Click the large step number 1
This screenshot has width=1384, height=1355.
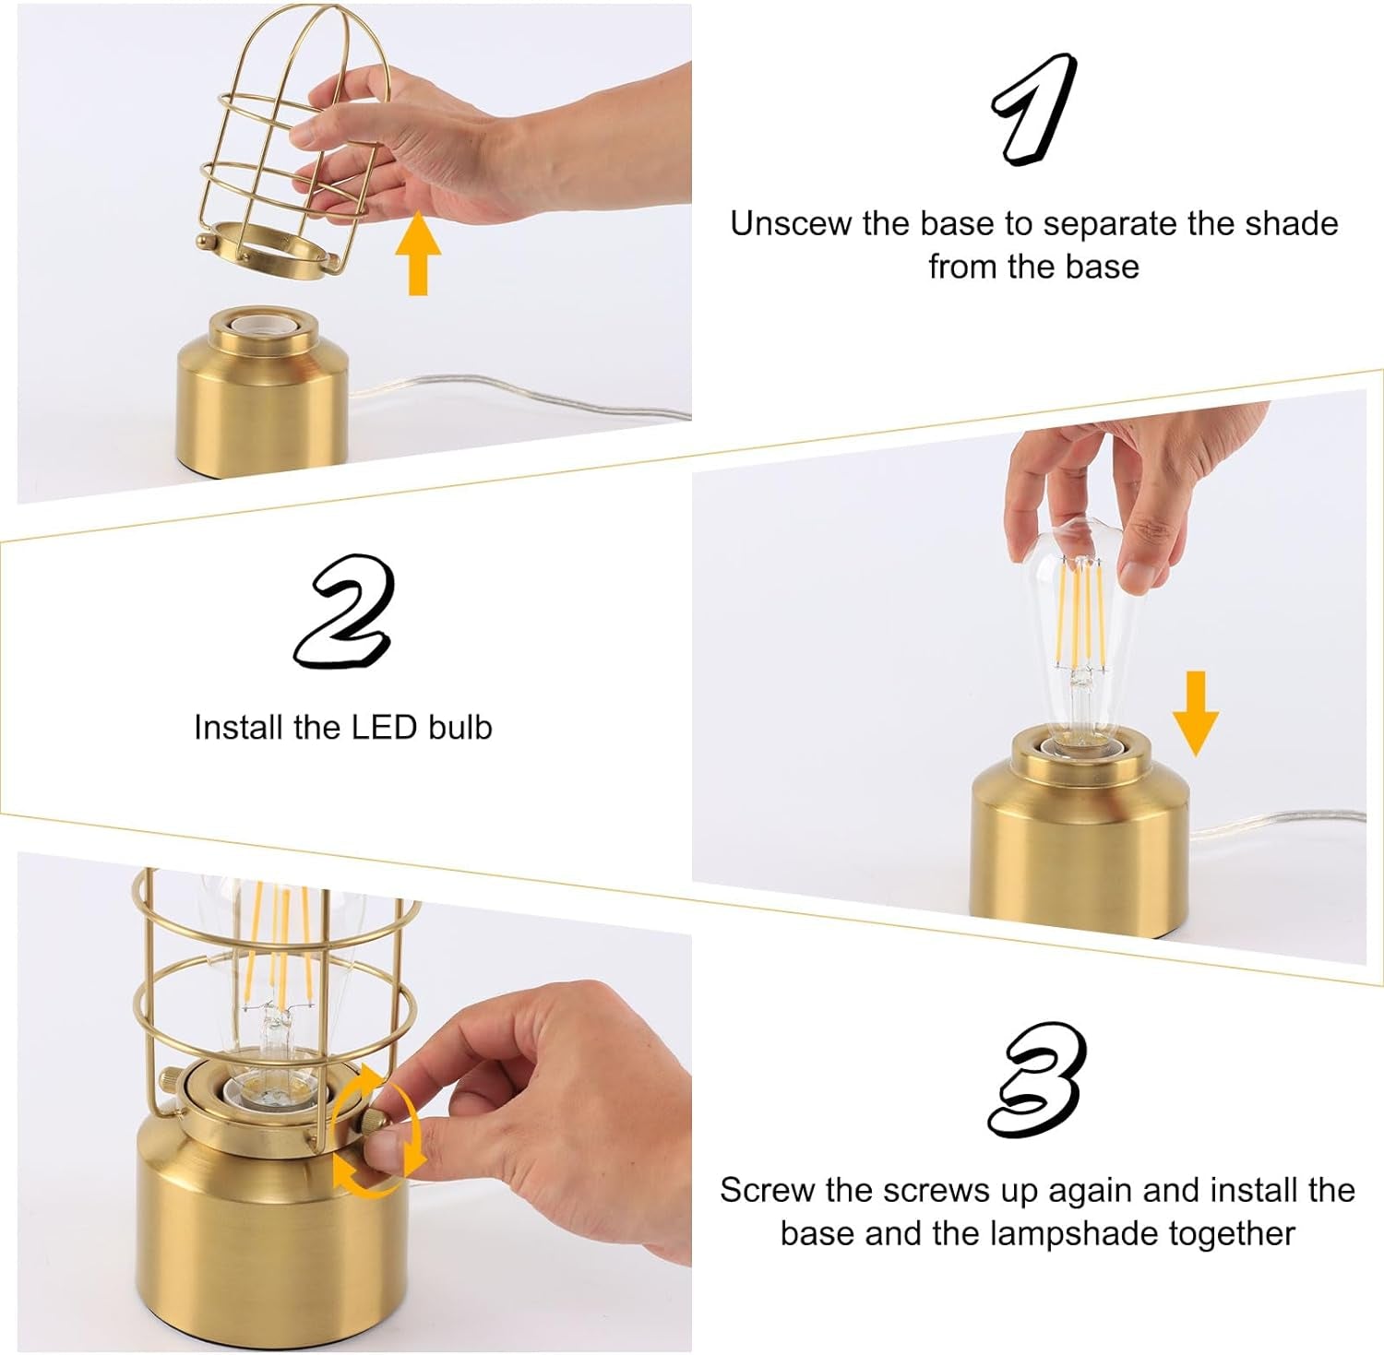click(x=1034, y=109)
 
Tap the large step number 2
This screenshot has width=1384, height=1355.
click(x=344, y=612)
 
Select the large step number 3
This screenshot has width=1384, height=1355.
click(x=1036, y=1080)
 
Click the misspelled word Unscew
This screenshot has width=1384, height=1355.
click(x=791, y=224)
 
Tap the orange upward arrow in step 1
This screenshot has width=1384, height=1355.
click(x=418, y=253)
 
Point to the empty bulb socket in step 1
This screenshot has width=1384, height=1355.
click(x=264, y=326)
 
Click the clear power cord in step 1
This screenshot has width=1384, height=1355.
click(x=517, y=392)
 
